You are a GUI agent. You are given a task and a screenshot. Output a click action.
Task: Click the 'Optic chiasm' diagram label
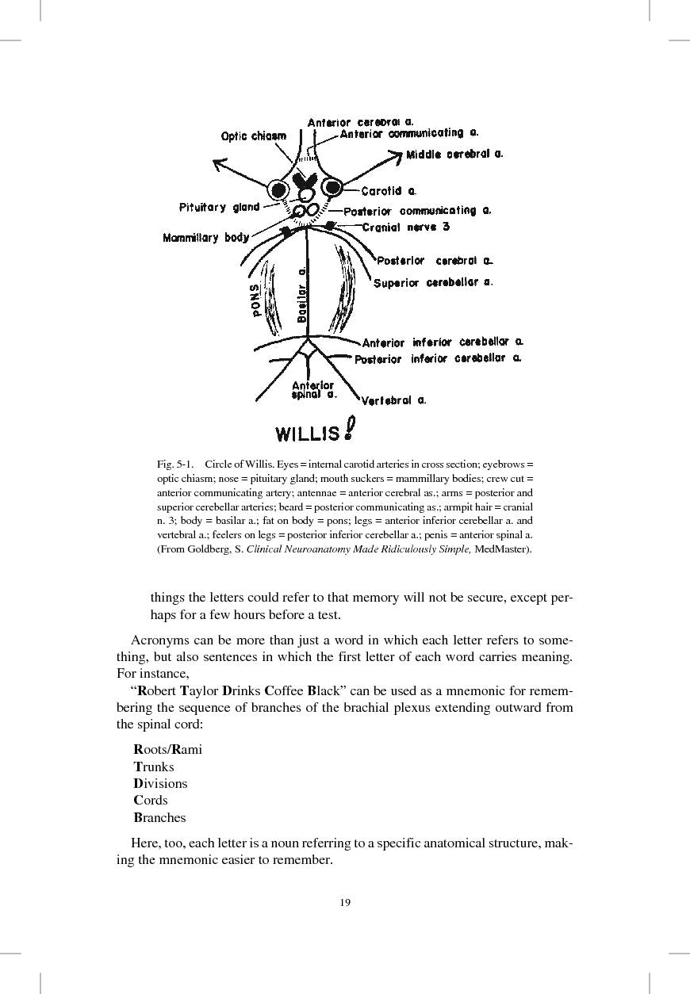[x=253, y=136]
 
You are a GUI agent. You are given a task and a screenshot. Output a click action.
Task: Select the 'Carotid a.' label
[x=389, y=191]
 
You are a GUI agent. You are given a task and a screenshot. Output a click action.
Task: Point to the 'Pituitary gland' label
[x=219, y=208]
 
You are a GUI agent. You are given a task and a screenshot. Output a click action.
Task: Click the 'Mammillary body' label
[x=205, y=238]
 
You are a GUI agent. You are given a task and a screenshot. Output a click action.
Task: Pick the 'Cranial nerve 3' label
[x=405, y=227]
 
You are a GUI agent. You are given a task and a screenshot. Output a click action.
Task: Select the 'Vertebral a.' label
[x=393, y=400]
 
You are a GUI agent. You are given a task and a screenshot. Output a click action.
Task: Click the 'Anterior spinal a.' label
[x=313, y=390]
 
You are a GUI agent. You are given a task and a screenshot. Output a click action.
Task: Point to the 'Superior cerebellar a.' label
[x=433, y=282]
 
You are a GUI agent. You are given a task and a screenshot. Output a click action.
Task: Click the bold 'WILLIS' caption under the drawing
[x=308, y=434]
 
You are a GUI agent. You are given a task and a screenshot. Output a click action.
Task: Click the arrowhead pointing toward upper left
[x=218, y=164]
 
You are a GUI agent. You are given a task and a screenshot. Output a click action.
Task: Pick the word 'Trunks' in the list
[x=154, y=767]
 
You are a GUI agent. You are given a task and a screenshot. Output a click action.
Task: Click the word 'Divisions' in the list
[x=160, y=783]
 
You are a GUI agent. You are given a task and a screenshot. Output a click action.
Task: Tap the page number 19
[x=345, y=902]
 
